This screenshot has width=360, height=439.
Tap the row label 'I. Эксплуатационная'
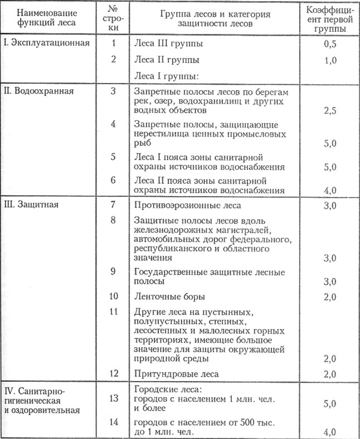click(x=46, y=43)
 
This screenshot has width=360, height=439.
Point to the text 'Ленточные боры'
click(x=169, y=295)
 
